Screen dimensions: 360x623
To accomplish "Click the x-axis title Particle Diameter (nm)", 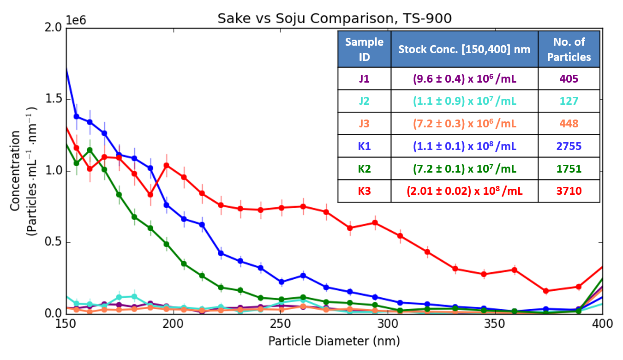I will coord(334,342).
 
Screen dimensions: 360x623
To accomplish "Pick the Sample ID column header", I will coord(364,49).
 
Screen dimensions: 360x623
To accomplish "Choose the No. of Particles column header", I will coord(569,49).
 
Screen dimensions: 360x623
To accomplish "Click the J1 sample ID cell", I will coord(364,79).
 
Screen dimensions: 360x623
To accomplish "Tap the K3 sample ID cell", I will coord(364,191).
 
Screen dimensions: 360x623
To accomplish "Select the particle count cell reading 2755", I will coord(569,146).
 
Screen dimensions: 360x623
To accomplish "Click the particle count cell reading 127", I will coord(569,102).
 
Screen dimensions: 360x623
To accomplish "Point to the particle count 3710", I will coord(569,191).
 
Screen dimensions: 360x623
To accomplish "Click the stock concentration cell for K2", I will coord(464,169).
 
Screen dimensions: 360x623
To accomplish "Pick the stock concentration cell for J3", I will coord(464,124).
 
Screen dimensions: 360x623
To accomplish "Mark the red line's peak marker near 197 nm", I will coord(167,165).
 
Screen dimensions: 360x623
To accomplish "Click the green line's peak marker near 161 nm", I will coord(90,150).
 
